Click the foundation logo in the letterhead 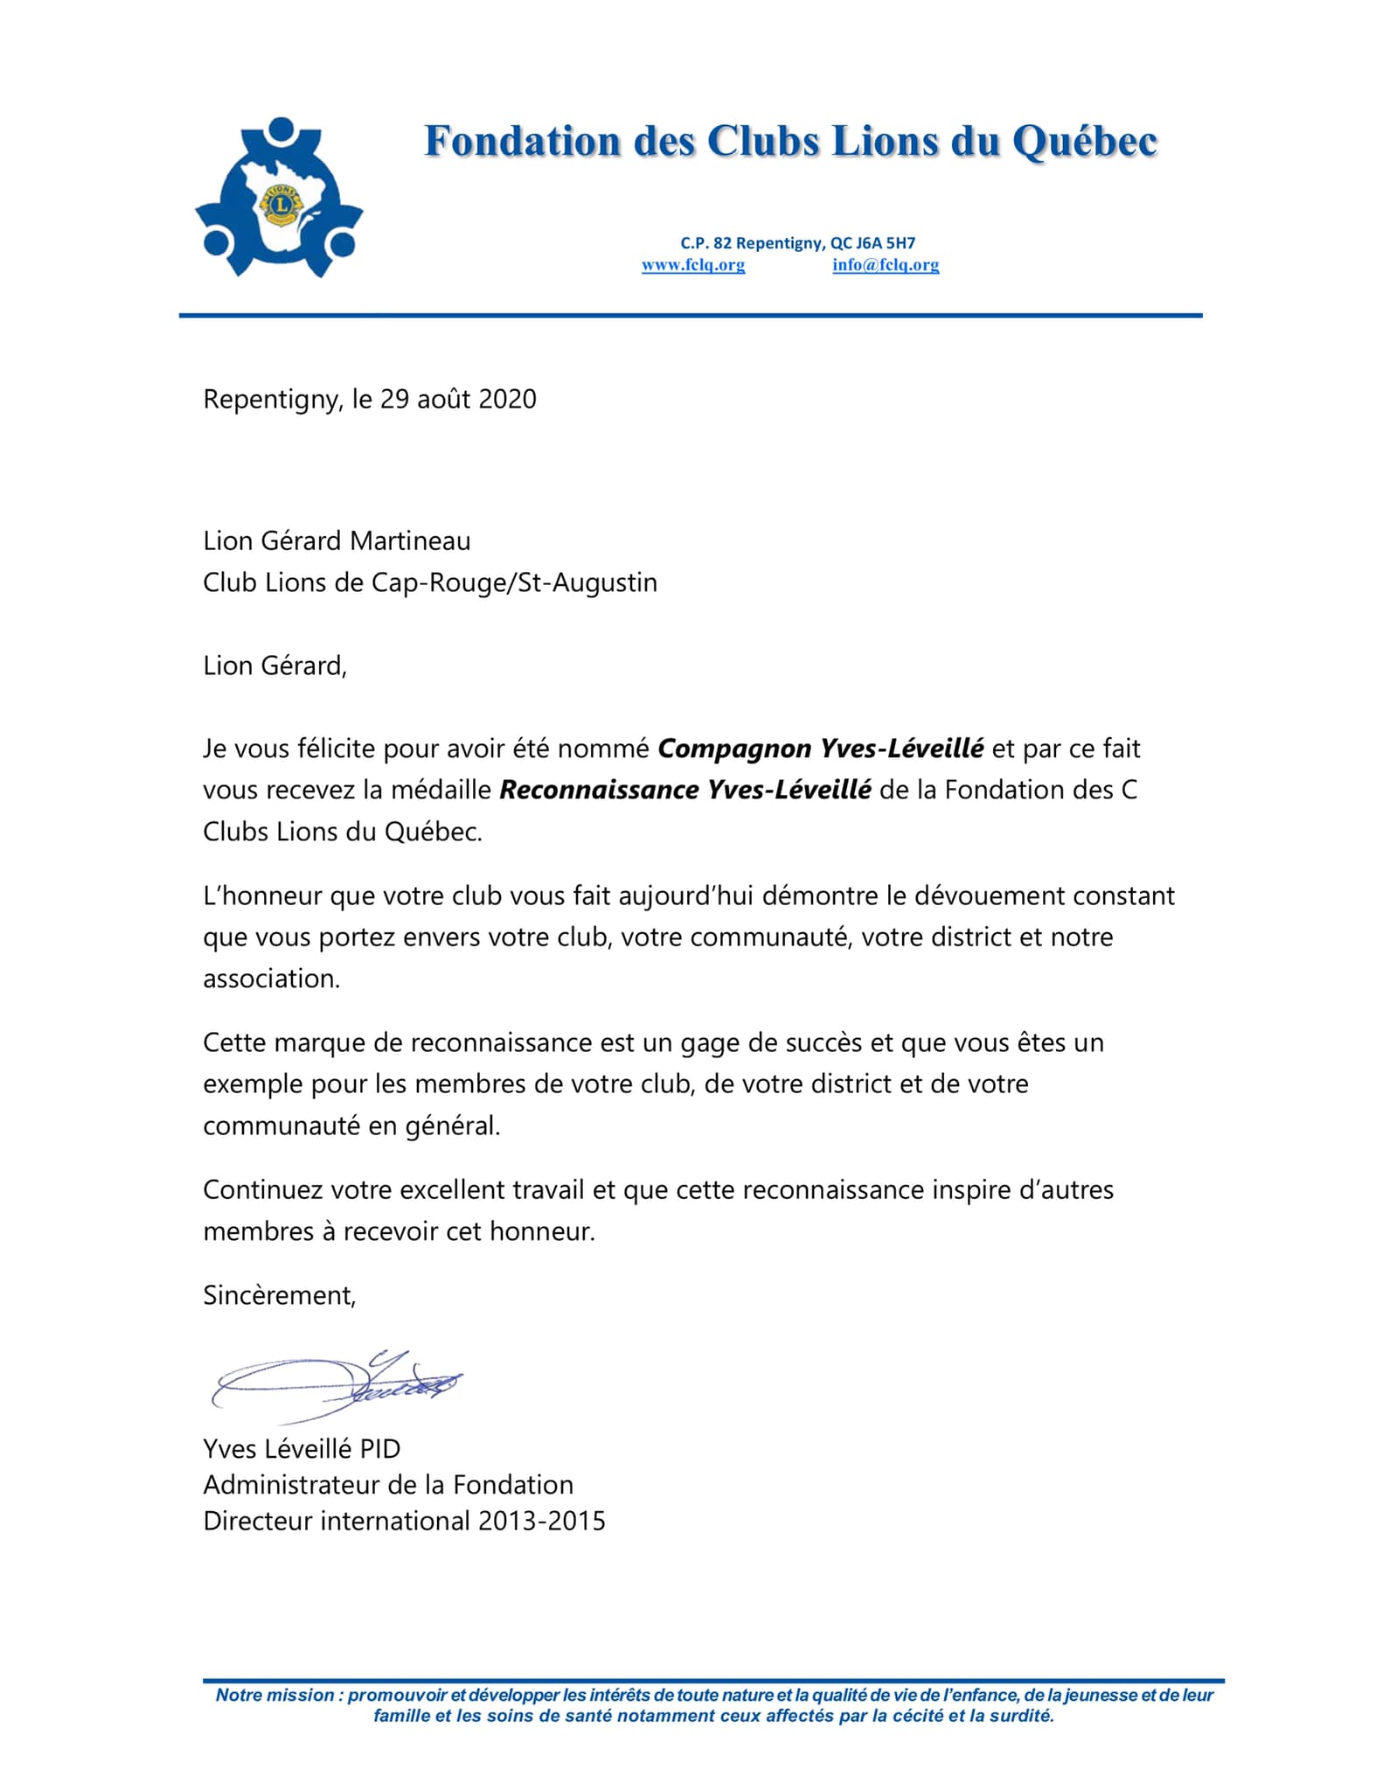pyautogui.click(x=279, y=198)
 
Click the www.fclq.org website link pyautogui.click(x=693, y=265)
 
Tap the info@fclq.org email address pyautogui.click(x=886, y=265)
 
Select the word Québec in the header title pyautogui.click(x=1085, y=143)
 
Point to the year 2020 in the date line pyautogui.click(x=508, y=400)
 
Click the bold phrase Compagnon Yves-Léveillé pyautogui.click(x=820, y=749)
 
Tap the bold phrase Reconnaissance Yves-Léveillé pyautogui.click(x=685, y=791)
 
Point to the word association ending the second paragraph pyautogui.click(x=270, y=979)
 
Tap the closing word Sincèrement pyautogui.click(x=279, y=1296)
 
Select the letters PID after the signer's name pyautogui.click(x=379, y=1449)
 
